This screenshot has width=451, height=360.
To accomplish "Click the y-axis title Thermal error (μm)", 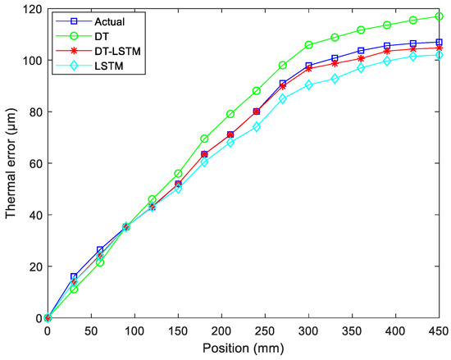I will click(11, 164).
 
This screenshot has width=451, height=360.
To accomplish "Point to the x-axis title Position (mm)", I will click(244, 349).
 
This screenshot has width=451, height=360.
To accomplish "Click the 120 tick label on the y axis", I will click(33, 9).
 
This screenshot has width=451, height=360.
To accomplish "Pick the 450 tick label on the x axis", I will click(440, 330).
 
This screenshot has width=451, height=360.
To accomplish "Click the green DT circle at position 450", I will click(440, 16).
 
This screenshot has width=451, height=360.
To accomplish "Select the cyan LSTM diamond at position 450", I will click(440, 55).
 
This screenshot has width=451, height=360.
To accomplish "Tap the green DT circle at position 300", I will click(309, 45).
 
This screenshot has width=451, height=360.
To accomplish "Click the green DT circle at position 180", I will click(204, 139).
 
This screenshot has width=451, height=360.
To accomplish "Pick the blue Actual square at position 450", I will click(440, 42).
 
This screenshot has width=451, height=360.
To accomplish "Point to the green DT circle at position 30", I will click(74, 289).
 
